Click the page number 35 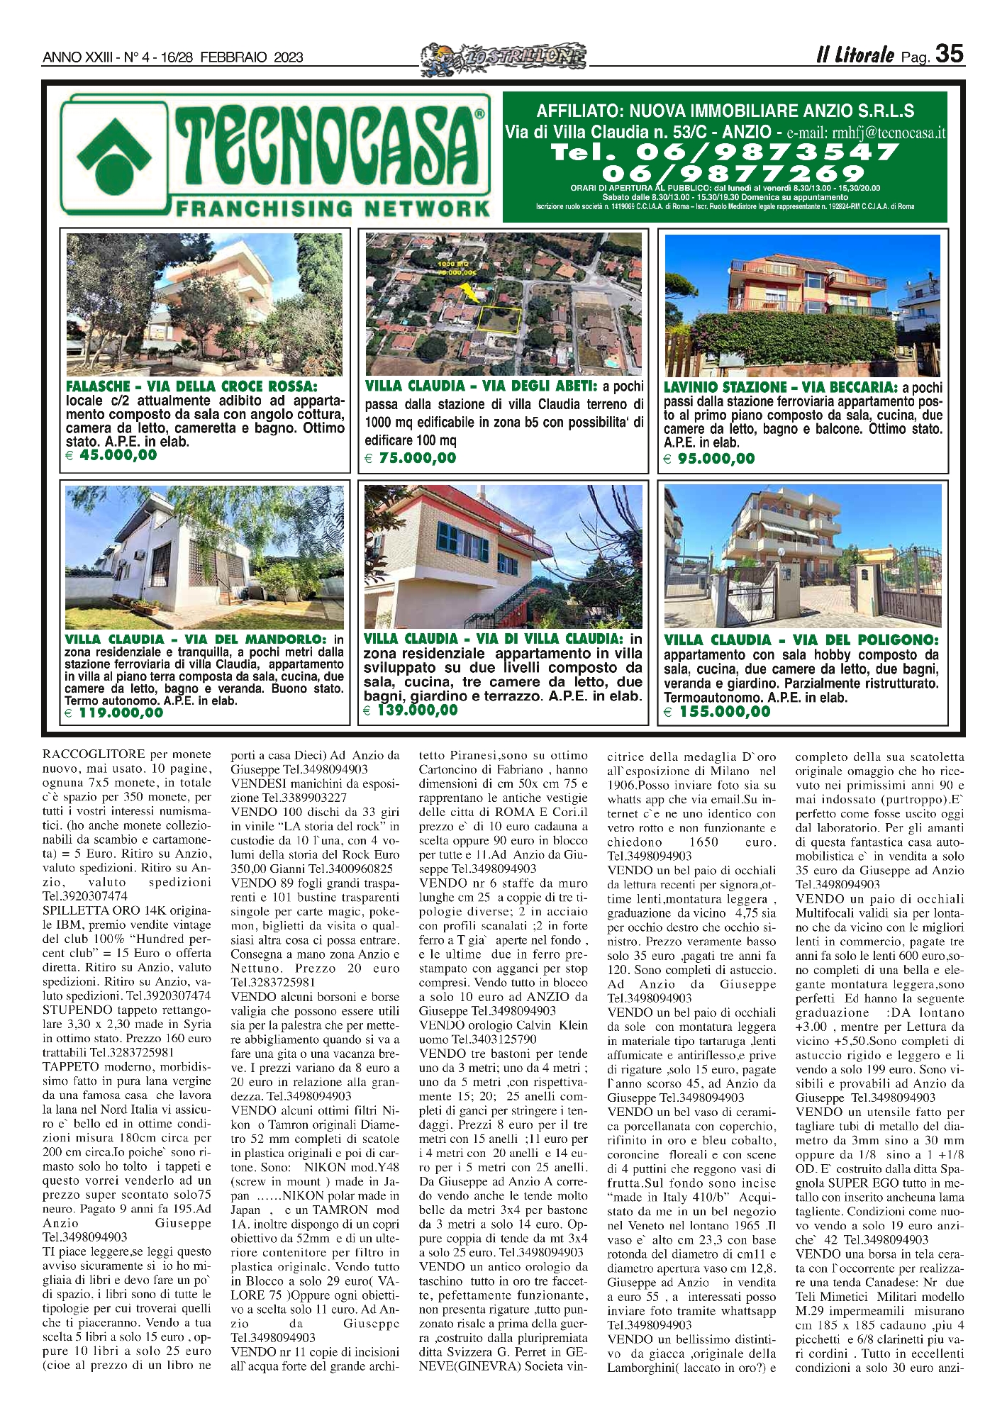pyautogui.click(x=949, y=54)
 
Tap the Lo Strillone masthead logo pyautogui.click(x=504, y=55)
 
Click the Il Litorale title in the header pyautogui.click(x=855, y=55)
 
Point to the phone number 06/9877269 pyautogui.click(x=733, y=174)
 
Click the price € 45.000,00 pyautogui.click(x=112, y=455)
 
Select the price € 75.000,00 pyautogui.click(x=411, y=458)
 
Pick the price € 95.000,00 pyautogui.click(x=709, y=459)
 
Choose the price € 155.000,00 pyautogui.click(x=717, y=711)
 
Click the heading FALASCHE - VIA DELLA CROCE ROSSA pyautogui.click(x=191, y=386)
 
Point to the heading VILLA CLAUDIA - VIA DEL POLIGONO pyautogui.click(x=801, y=640)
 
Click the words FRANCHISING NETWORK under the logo pyautogui.click(x=333, y=208)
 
